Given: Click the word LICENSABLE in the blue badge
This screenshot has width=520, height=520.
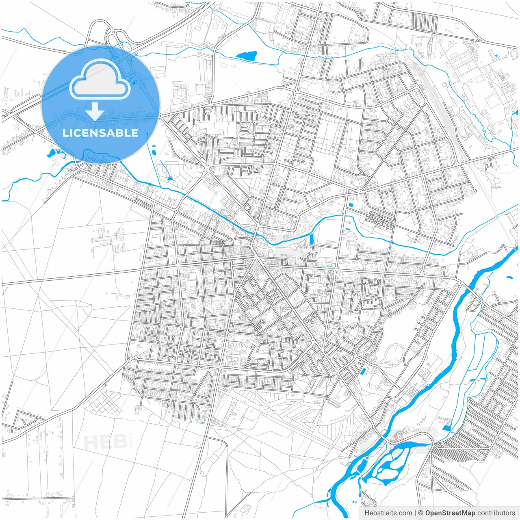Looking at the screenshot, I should (x=100, y=133).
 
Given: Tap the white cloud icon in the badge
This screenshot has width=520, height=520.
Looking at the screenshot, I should (x=100, y=80).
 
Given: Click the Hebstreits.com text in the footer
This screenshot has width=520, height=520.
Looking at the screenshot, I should (x=388, y=513).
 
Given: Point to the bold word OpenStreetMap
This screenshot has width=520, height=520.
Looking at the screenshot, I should (x=450, y=513).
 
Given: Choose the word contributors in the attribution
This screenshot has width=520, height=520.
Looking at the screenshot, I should (x=496, y=513).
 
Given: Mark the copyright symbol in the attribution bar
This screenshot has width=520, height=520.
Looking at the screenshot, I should (x=421, y=513).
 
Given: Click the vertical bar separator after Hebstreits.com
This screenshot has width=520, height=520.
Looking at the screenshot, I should (x=416, y=513).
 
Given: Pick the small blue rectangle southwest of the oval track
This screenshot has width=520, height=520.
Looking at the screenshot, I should (x=363, y=370).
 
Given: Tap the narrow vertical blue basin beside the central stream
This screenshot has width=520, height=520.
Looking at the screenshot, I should (x=312, y=240).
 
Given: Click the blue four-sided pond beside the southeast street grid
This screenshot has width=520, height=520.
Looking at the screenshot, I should (x=447, y=427).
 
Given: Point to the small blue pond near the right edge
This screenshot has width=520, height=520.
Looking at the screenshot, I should (x=509, y=277).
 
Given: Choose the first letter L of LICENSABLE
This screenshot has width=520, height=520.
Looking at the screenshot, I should (x=65, y=133).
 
